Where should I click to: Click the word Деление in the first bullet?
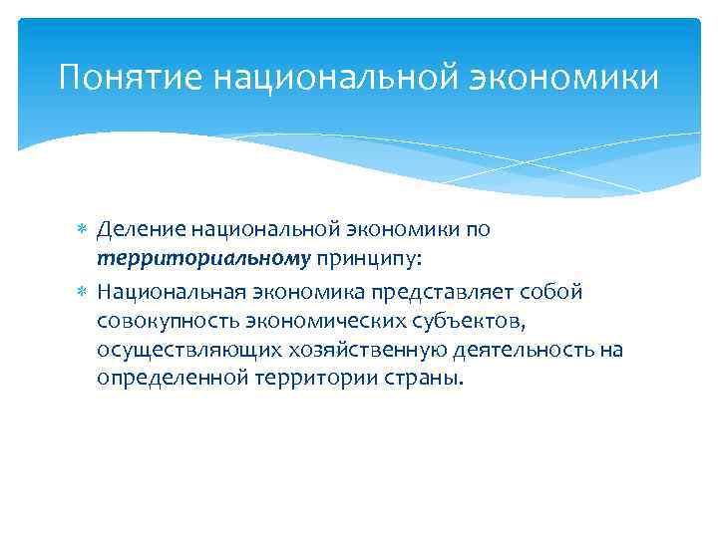(138, 229)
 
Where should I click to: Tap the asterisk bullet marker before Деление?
(83, 230)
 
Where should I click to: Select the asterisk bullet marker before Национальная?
(83, 293)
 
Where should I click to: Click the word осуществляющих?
(174, 351)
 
